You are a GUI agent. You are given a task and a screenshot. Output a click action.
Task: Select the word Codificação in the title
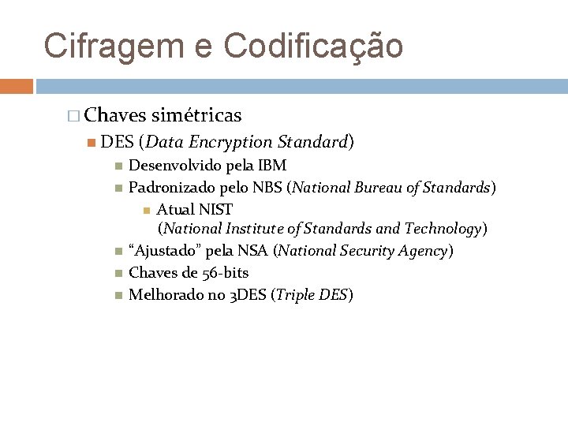314,47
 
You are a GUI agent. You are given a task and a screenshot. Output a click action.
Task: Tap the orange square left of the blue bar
17,86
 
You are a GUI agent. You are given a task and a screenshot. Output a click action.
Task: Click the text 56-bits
226,273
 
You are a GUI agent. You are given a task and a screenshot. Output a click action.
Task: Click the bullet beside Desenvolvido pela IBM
118,166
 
